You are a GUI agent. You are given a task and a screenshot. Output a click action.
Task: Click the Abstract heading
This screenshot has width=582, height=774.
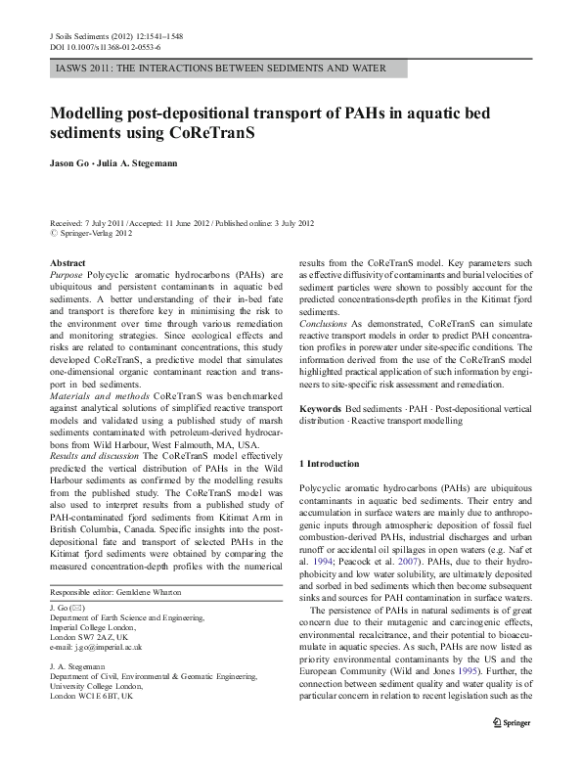tap(67, 264)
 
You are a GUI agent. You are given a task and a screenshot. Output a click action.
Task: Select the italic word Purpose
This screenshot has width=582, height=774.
tap(66, 276)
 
